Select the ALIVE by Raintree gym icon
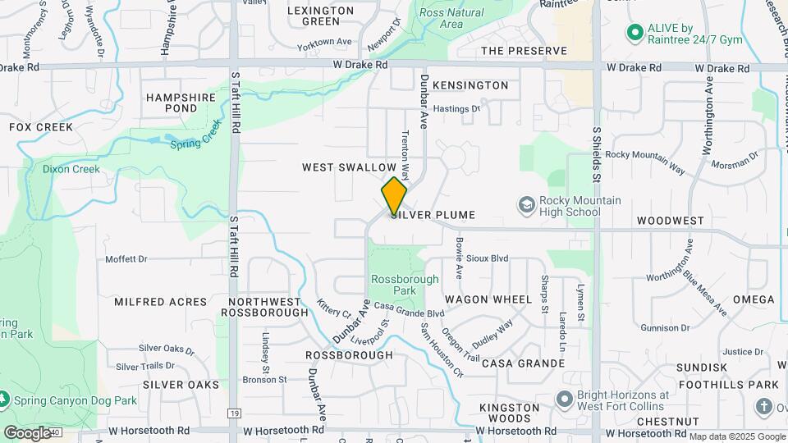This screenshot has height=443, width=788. [x=634, y=33]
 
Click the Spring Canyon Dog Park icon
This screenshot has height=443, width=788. [x=4, y=400]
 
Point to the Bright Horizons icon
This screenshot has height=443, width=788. [x=563, y=400]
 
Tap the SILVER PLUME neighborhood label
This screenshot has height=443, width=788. [x=433, y=215]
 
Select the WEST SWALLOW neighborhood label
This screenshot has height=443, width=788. [x=349, y=167]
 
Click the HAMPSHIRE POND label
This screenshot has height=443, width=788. [x=181, y=103]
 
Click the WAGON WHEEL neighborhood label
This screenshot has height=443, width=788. [x=489, y=300]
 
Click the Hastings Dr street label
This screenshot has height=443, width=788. [x=456, y=108]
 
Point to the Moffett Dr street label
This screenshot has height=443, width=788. [x=126, y=259]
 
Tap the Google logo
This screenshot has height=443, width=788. [x=27, y=432]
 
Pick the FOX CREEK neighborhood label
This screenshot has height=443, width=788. [x=41, y=127]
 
